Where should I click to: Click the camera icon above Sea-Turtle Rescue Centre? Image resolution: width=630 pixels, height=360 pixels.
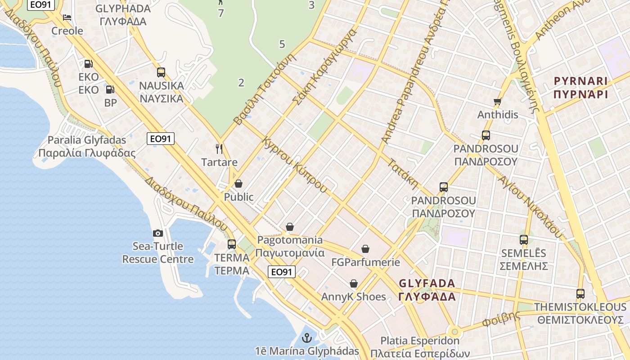point(157,233)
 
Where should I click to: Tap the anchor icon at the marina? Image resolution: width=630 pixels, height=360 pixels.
point(307,337)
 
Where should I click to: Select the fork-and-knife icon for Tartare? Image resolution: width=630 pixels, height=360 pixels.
point(219,148)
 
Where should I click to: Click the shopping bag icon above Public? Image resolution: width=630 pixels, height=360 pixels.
point(238,184)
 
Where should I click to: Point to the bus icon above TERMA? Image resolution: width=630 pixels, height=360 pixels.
point(232,244)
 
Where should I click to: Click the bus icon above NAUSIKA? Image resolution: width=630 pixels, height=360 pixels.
point(161,72)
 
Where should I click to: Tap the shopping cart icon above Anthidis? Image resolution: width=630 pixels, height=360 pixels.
point(497,102)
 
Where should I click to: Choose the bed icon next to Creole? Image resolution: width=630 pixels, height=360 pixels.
point(67,18)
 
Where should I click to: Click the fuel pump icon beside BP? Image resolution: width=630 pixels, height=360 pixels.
point(110,89)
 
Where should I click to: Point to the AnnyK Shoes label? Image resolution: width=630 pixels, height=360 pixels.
point(353,297)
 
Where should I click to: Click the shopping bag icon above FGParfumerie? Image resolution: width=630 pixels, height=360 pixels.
point(365,249)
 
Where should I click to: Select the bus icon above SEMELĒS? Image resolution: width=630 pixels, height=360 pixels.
point(523,239)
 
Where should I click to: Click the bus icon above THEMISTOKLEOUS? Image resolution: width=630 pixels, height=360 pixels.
point(580,294)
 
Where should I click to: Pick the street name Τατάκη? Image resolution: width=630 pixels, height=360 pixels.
point(403,174)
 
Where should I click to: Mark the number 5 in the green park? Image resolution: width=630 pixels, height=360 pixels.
point(282,44)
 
